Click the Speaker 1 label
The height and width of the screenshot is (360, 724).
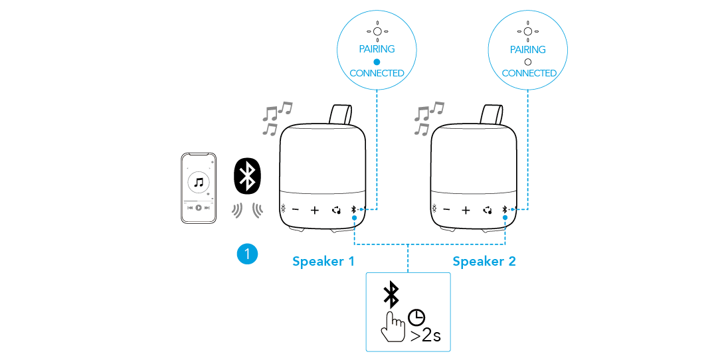pyautogui.click(x=323, y=261)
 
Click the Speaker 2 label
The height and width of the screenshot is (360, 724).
pyautogui.click(x=484, y=261)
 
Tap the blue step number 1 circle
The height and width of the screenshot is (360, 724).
pyautogui.click(x=247, y=253)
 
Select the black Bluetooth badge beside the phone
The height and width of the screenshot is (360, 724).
pyautogui.click(x=248, y=175)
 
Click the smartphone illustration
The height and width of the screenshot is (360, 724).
pyautogui.click(x=199, y=188)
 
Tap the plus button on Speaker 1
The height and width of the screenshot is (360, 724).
pyautogui.click(x=315, y=210)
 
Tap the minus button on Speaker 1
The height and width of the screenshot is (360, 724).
pyautogui.click(x=296, y=210)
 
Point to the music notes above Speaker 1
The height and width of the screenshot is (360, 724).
pyautogui.click(x=276, y=118)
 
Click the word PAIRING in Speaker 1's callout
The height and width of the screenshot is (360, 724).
pyautogui.click(x=377, y=49)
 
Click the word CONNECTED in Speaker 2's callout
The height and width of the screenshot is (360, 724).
pyautogui.click(x=529, y=73)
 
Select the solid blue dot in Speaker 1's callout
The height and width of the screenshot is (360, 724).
pyautogui.click(x=377, y=61)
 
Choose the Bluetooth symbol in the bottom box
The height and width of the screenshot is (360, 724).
pyautogui.click(x=393, y=294)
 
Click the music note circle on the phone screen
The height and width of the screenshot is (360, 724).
pyautogui.click(x=199, y=181)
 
